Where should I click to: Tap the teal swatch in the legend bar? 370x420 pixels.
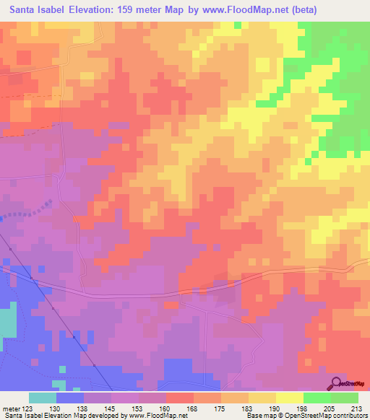point(43,398)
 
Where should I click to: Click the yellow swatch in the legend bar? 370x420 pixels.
point(262,398)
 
